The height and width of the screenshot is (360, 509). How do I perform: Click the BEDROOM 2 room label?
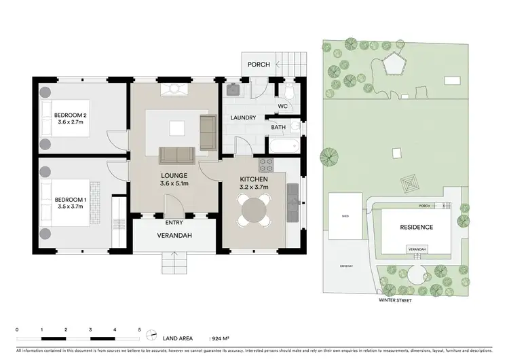click(x=71, y=115)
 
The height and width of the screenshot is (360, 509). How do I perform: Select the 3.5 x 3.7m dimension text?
click(x=71, y=206)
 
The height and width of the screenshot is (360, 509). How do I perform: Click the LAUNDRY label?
click(x=242, y=118)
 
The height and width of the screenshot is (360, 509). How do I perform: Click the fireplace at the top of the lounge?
click(x=174, y=89)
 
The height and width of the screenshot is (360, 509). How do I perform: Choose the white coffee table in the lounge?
click(x=177, y=127)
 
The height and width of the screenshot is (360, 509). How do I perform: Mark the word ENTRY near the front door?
click(x=174, y=223)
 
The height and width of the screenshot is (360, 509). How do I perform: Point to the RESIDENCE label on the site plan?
click(x=416, y=227)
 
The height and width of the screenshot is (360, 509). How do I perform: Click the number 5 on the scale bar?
click(x=139, y=329)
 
